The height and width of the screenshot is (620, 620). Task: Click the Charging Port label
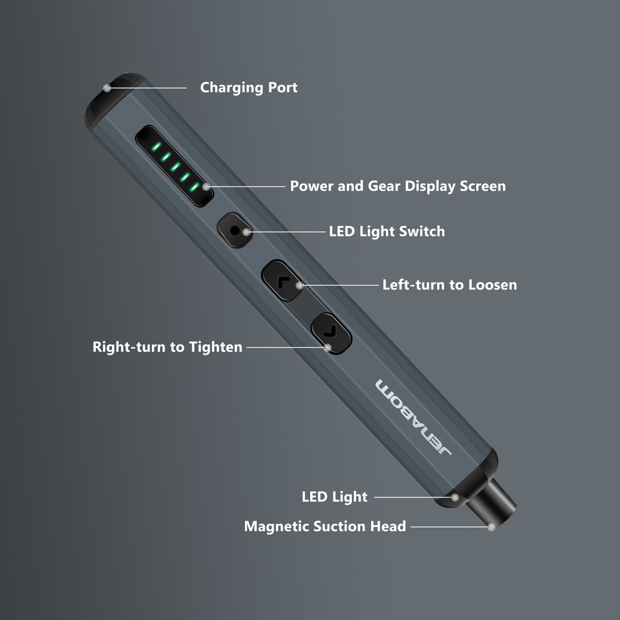(x=248, y=88)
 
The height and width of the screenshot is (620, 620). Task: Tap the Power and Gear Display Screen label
(x=397, y=186)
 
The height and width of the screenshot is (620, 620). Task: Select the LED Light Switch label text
(x=387, y=232)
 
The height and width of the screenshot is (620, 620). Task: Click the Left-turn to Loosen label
(x=449, y=285)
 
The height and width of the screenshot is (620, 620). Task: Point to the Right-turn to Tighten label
(x=167, y=347)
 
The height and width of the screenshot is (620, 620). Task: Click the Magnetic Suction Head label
(x=325, y=526)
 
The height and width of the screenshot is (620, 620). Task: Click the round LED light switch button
(x=234, y=231)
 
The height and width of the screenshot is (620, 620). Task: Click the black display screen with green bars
(x=174, y=166)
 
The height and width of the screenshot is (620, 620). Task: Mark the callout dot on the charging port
(x=107, y=88)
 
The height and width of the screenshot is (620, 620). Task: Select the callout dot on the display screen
(x=206, y=187)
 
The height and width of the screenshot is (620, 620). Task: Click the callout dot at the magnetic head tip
(x=492, y=526)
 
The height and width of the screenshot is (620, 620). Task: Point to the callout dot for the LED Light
(x=454, y=497)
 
